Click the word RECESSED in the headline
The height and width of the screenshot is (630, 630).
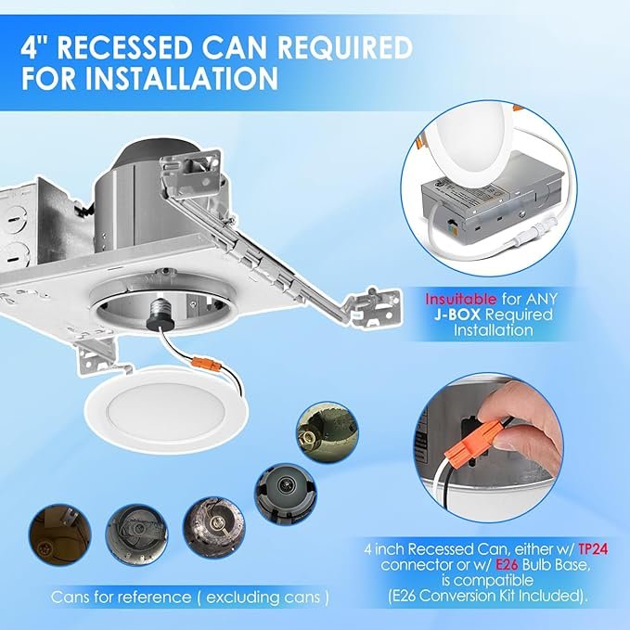click(126, 48)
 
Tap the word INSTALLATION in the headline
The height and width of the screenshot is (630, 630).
click(181, 78)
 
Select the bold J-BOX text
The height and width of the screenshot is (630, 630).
click(457, 315)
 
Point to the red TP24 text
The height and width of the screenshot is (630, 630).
click(593, 549)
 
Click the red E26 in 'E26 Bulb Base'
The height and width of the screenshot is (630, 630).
click(507, 565)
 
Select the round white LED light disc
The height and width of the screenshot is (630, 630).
click(165, 410)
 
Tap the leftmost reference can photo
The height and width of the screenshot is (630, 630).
click(60, 534)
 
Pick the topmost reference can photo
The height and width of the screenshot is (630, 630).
click(328, 432)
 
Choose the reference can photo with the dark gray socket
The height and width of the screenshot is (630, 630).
click(286, 494)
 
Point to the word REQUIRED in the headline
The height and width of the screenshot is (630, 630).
click(345, 48)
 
